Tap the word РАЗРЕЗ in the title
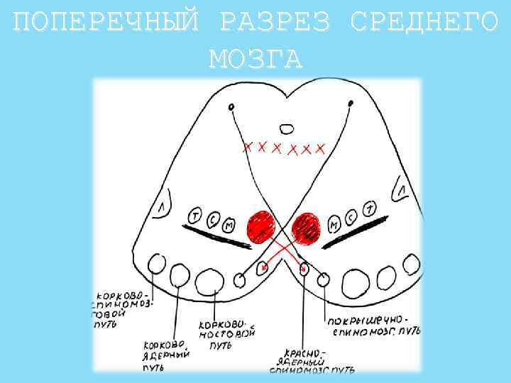(x=275, y=24)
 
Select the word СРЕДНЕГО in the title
(x=424, y=24)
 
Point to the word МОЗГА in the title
(x=255, y=58)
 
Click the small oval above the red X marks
(x=286, y=129)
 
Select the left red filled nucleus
(x=261, y=226)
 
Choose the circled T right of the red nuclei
(x=370, y=209)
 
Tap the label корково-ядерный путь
(x=164, y=355)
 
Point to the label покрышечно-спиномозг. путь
(x=373, y=325)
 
